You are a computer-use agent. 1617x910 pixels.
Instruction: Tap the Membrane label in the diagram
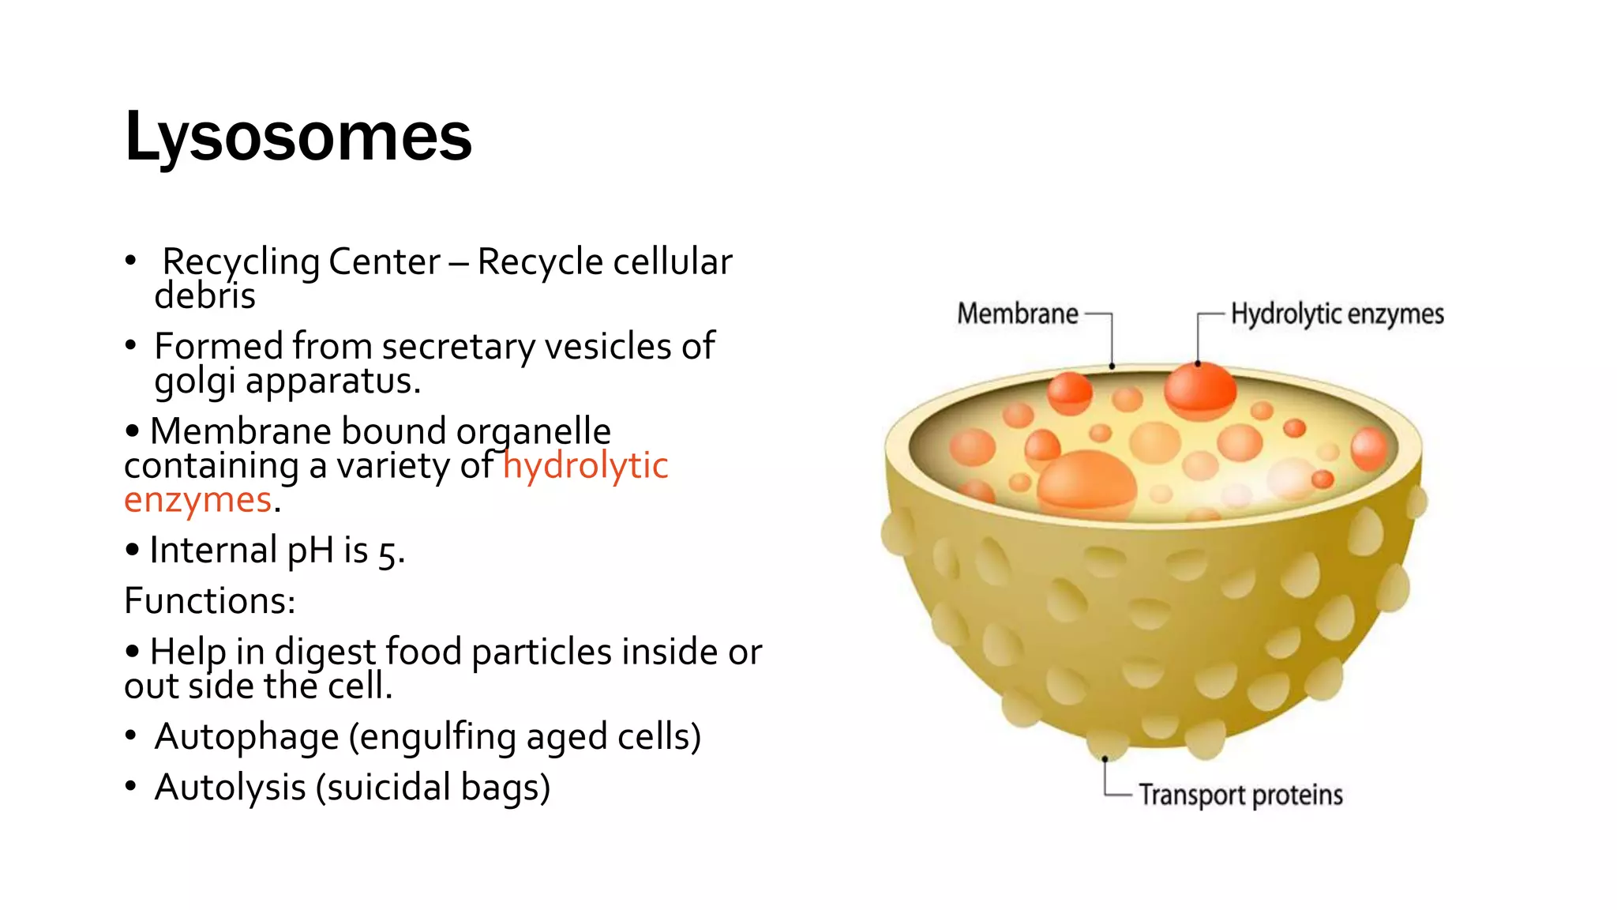(1017, 314)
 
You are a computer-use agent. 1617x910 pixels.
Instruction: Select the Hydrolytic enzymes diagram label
(1337, 314)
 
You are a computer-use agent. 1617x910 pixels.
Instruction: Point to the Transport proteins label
(1240, 795)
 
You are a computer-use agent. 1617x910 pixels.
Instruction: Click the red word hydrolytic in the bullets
(585, 465)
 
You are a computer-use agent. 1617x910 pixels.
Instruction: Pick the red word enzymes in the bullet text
(198, 500)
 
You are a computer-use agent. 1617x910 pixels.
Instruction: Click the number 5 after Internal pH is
(387, 553)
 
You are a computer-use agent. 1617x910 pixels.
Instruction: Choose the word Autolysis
(230, 788)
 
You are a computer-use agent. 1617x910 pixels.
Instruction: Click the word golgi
(194, 382)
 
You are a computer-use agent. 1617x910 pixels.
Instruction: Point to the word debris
(204, 296)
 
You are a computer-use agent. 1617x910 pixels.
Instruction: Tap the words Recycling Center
(301, 262)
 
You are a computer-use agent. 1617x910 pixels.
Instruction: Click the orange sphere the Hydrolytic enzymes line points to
(1199, 389)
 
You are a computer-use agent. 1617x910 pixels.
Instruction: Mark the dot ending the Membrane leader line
(1112, 367)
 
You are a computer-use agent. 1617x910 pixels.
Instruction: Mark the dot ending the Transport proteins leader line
(1105, 759)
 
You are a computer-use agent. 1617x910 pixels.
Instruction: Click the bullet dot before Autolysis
(131, 786)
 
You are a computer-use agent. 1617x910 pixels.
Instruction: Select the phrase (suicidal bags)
(433, 788)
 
